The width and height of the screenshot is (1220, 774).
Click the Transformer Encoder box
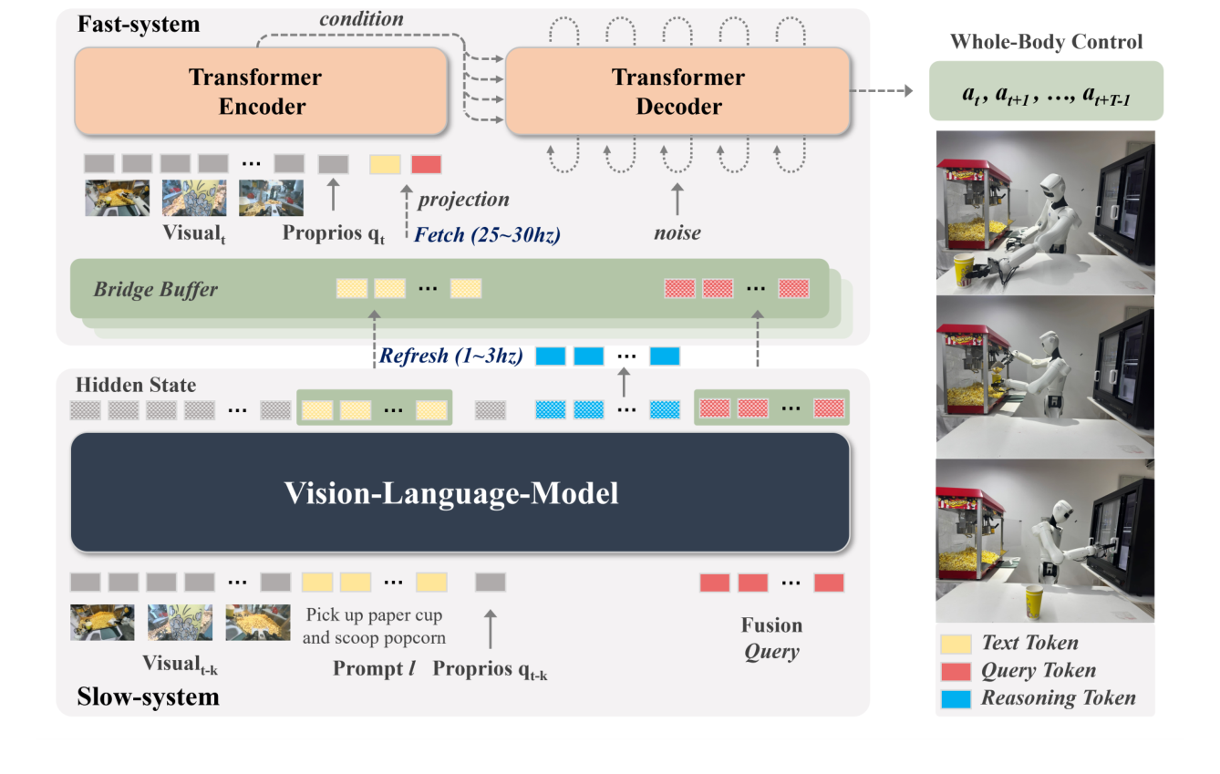point(261,91)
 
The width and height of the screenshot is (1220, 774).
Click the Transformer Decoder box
point(678,91)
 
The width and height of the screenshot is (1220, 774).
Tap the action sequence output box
point(1045,91)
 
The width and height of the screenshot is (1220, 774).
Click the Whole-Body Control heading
point(1046,42)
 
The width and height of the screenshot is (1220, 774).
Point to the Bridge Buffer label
point(155,290)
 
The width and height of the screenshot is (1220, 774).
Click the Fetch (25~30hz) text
point(487,234)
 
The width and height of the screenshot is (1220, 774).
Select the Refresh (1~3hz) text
point(450,356)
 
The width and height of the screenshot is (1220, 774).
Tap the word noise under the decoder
point(677,232)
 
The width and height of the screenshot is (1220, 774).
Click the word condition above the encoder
point(361,18)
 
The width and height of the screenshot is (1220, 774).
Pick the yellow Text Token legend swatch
point(957,644)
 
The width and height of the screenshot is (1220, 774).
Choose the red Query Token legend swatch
point(957,671)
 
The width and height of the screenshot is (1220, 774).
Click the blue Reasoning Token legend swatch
point(957,699)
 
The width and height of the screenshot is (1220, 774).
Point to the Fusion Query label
point(771,638)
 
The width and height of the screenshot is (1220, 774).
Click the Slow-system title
point(148,697)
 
